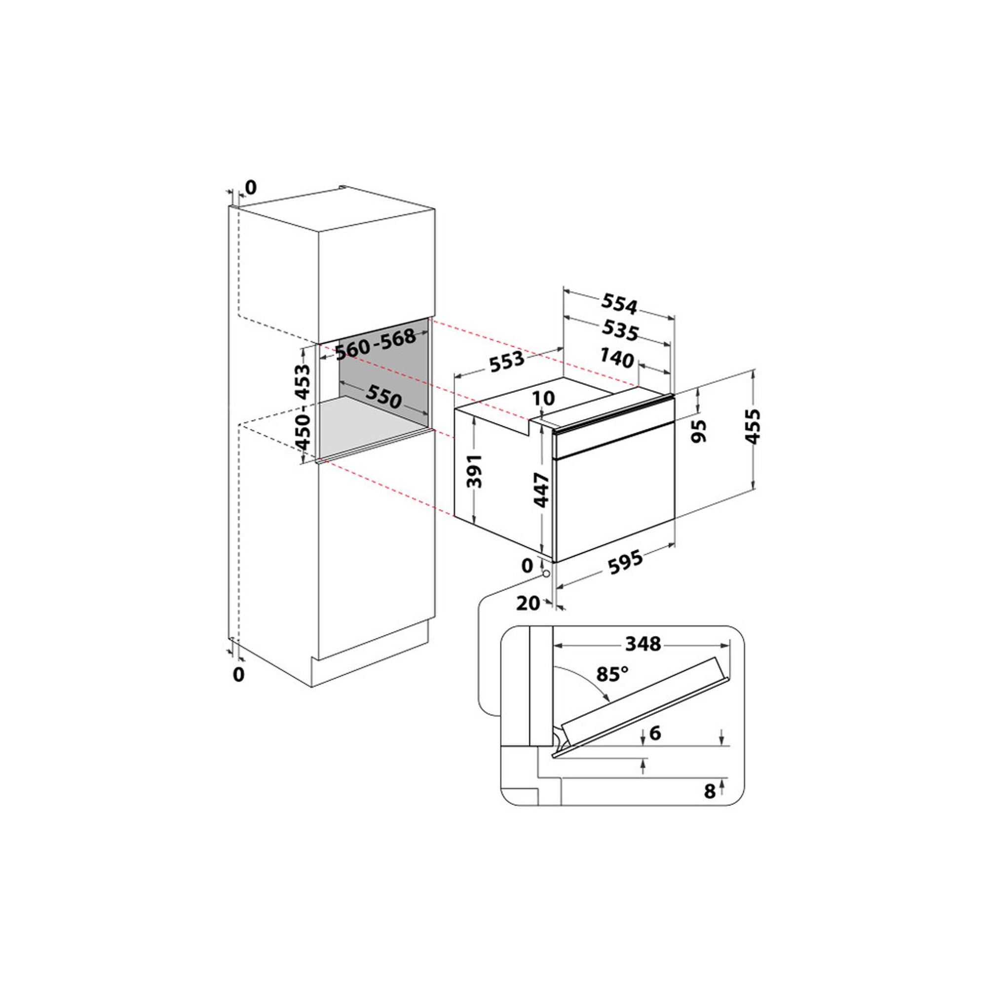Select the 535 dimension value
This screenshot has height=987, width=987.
[x=620, y=330]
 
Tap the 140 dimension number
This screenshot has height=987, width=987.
[x=617, y=358]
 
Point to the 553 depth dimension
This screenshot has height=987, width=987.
[x=507, y=362]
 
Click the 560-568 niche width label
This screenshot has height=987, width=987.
[x=376, y=344]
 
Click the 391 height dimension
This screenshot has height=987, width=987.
[x=475, y=470]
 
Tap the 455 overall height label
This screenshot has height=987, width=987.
[x=753, y=426]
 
